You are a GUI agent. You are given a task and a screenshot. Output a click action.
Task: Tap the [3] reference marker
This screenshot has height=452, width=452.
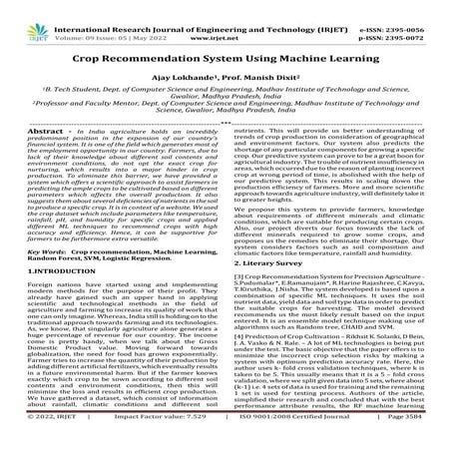coord(239,257)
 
